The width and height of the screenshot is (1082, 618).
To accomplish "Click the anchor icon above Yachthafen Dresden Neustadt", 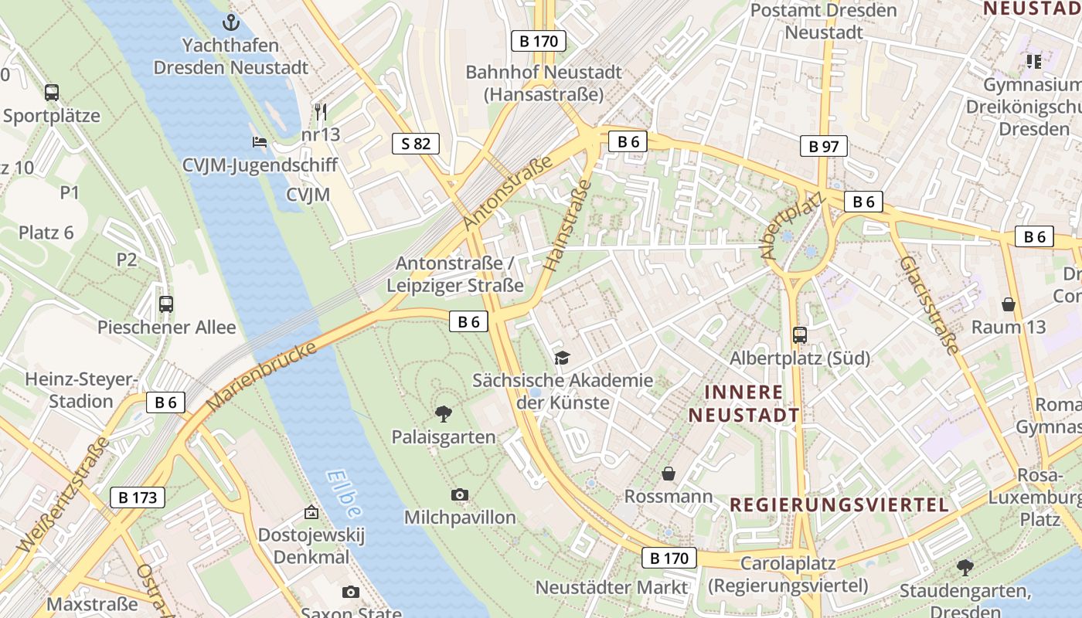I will (230, 22).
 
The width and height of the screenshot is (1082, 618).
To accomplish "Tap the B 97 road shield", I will (824, 146).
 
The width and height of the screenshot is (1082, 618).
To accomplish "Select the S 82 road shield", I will (416, 143).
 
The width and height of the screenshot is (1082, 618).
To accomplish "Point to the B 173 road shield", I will (138, 497).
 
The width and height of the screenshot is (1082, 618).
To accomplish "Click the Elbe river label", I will (343, 494).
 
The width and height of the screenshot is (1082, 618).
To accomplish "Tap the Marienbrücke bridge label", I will (262, 377).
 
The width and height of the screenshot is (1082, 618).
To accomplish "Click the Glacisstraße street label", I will (928, 304).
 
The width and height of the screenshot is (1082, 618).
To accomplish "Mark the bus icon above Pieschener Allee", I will (166, 304).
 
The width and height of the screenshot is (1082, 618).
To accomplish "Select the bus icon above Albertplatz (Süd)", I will (800, 335).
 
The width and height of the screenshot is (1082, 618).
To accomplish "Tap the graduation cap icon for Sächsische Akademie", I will (563, 358).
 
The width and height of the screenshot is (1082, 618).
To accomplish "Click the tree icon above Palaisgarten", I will (444, 414).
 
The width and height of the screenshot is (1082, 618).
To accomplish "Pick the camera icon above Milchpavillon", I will (460, 494).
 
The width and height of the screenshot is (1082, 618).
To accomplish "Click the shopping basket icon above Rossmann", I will (669, 473).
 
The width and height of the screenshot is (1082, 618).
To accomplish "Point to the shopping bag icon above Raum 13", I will (1008, 304).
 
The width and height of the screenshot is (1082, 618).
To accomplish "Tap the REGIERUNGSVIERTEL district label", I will (839, 505).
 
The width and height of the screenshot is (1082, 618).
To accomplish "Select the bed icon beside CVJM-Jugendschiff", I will (260, 142).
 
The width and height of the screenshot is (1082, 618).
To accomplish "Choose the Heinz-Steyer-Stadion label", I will (80, 390).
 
